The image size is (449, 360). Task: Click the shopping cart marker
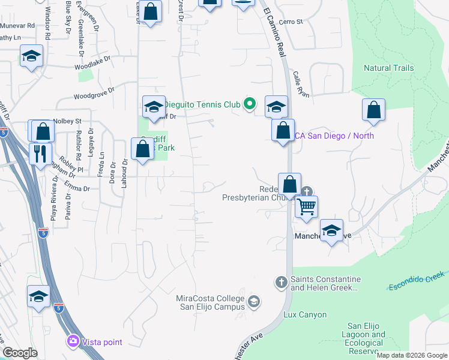pos(307,207)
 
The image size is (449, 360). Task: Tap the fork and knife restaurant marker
pos(41,154)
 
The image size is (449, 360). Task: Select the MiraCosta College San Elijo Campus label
pos(211,303)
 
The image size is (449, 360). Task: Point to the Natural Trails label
pos(388,68)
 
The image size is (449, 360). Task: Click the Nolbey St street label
pos(67,121)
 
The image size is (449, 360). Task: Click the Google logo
pos(20,353)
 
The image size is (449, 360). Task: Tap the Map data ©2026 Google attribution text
pos(411,355)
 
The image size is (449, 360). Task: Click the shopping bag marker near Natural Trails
pos(373,110)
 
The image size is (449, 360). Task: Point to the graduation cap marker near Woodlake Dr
pos(31,56)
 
